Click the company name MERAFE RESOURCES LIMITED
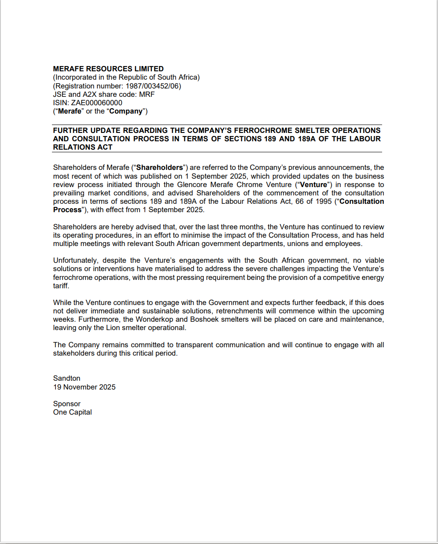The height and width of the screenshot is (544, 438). [108, 69]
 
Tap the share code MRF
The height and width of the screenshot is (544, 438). [147, 94]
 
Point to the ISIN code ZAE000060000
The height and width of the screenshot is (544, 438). [96, 103]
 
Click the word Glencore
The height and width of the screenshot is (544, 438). [192, 184]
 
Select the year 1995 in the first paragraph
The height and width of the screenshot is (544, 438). [324, 201]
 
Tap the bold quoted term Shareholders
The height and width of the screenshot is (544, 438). [159, 167]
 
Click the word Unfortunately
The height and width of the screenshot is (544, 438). [75, 260]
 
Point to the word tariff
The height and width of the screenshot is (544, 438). [60, 286]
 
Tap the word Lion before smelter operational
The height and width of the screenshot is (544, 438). [113, 327]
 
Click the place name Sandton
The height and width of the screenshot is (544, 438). [66, 378]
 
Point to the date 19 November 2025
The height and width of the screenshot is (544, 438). [84, 387]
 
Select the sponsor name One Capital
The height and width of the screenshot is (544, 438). [72, 412]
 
